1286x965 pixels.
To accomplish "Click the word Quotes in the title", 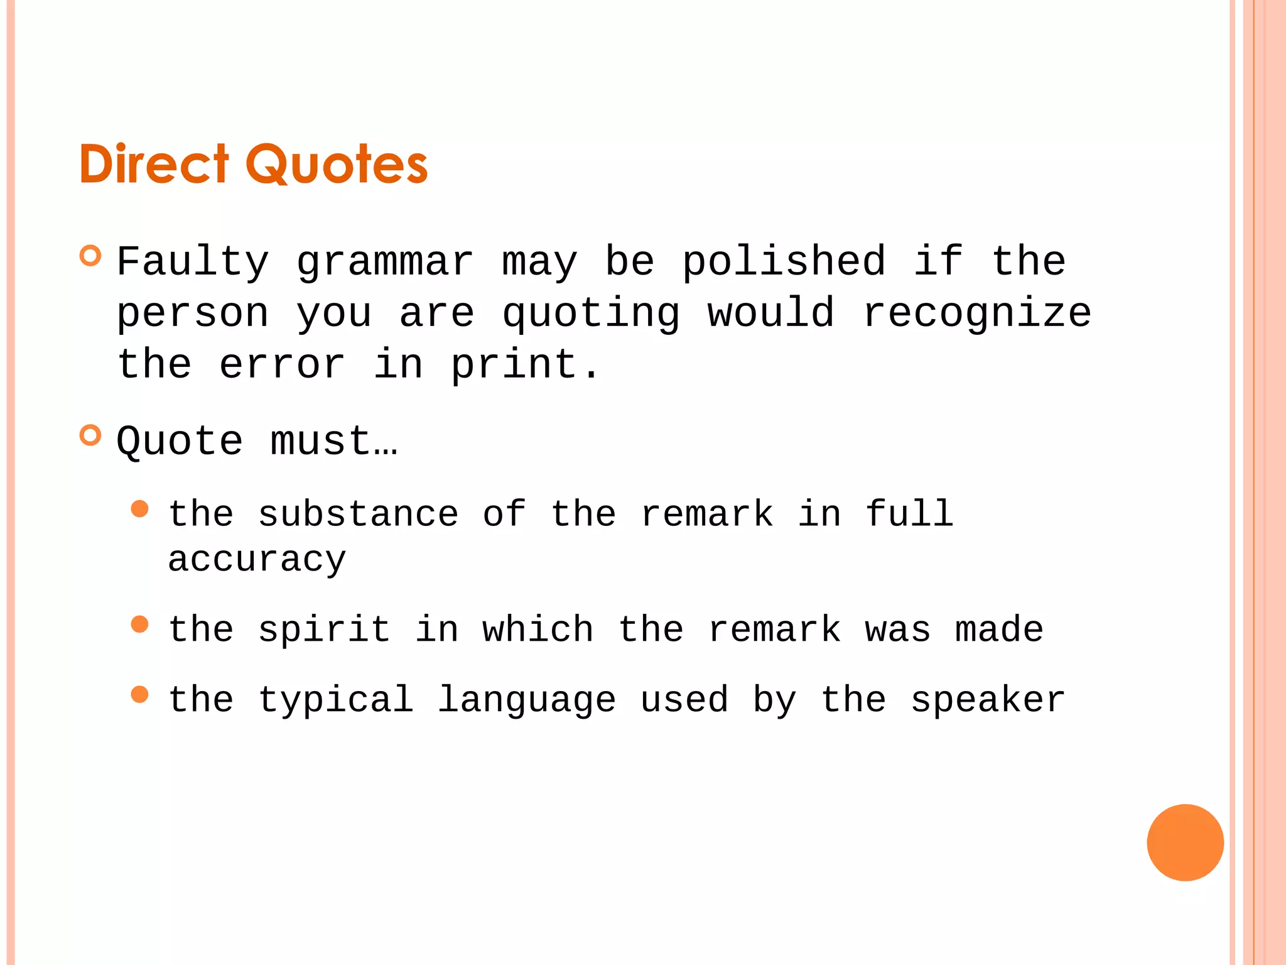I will [x=340, y=165].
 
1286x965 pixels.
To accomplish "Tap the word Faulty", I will [x=193, y=263].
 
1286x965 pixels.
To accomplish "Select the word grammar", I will [x=384, y=263].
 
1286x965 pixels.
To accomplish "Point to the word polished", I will [x=784, y=263].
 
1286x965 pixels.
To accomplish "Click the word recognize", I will [x=976, y=314].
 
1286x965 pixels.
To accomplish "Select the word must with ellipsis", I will [x=333, y=441].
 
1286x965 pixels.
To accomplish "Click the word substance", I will [x=358, y=514].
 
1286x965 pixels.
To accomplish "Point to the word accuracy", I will [x=257, y=559].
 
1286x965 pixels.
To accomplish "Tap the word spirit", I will [x=324, y=630].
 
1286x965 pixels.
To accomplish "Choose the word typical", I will [x=335, y=700].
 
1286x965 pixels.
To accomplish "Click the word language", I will [x=526, y=700].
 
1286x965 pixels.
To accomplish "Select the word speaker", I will [x=988, y=700].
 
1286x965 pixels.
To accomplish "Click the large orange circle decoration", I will [x=1185, y=842].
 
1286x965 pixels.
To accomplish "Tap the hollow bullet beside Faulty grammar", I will [x=91, y=256].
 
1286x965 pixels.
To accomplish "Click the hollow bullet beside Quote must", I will [x=91, y=435].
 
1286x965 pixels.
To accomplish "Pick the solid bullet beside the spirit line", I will [x=140, y=624].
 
